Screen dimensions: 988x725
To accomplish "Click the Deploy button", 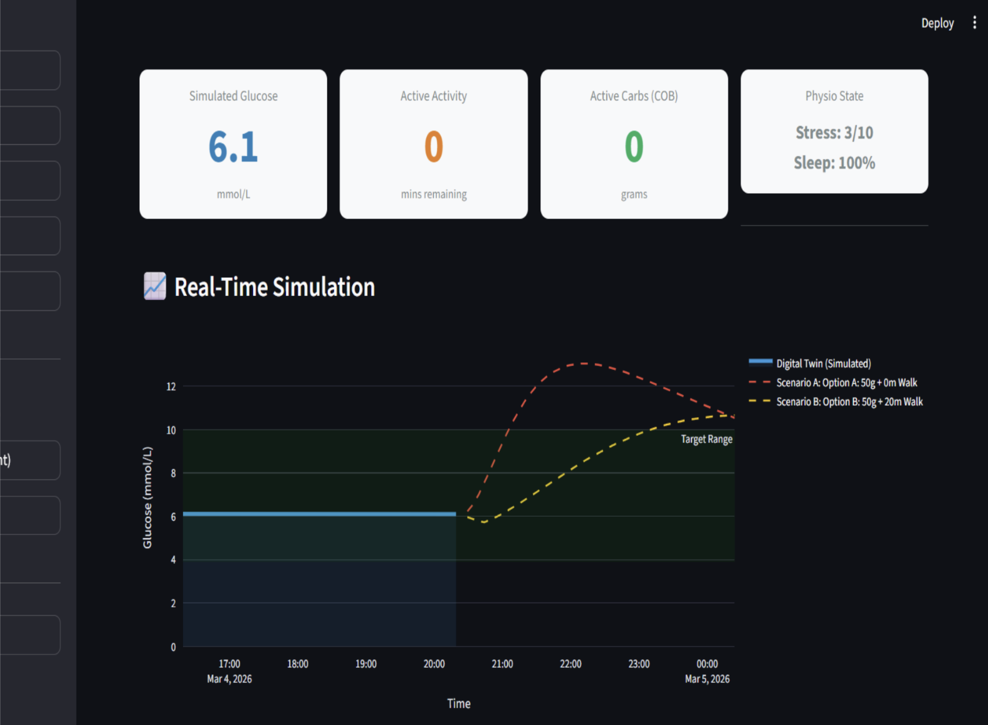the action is click(937, 23).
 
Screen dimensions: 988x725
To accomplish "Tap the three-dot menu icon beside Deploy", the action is click(974, 23).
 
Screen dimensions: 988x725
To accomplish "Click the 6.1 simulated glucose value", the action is click(233, 147).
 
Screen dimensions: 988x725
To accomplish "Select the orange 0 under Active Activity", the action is click(434, 147).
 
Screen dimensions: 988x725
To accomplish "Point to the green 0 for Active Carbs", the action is click(634, 147).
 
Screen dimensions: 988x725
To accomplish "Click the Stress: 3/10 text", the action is click(834, 132).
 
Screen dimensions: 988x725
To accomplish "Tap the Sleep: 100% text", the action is click(834, 163).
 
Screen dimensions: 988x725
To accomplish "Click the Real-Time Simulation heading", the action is click(275, 287).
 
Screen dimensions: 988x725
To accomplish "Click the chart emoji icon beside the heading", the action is click(155, 286).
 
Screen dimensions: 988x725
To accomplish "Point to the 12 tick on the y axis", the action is click(171, 386).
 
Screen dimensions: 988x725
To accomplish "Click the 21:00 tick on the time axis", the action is click(502, 664).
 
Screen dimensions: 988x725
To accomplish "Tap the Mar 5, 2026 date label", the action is click(707, 679).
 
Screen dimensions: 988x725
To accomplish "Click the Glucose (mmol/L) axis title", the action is click(147, 497).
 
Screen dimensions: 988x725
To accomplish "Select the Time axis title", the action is click(459, 704).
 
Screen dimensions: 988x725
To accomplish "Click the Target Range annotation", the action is click(707, 439).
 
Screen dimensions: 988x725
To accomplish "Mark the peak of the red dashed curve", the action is click(584, 364).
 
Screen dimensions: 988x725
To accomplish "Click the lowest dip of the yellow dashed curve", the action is click(484, 522).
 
